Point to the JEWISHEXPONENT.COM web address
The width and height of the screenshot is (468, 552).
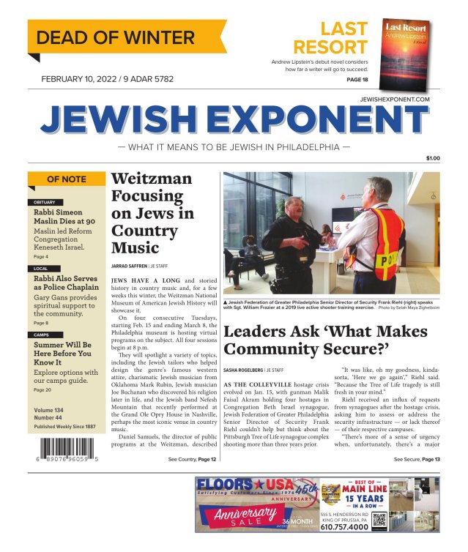(x=395, y=98)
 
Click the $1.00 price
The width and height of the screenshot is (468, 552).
(x=433, y=159)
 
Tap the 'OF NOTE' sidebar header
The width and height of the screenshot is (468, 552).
(x=66, y=179)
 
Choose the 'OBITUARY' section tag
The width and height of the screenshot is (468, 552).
(x=45, y=201)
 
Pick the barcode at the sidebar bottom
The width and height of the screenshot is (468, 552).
(x=67, y=447)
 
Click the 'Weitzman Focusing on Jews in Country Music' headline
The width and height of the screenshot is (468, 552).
(x=152, y=212)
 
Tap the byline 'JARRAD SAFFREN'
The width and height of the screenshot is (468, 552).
(x=129, y=266)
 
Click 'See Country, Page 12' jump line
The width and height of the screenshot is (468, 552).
(x=192, y=459)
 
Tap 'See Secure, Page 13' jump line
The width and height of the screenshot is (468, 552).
(x=417, y=459)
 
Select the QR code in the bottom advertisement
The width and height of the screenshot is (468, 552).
(x=379, y=521)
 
